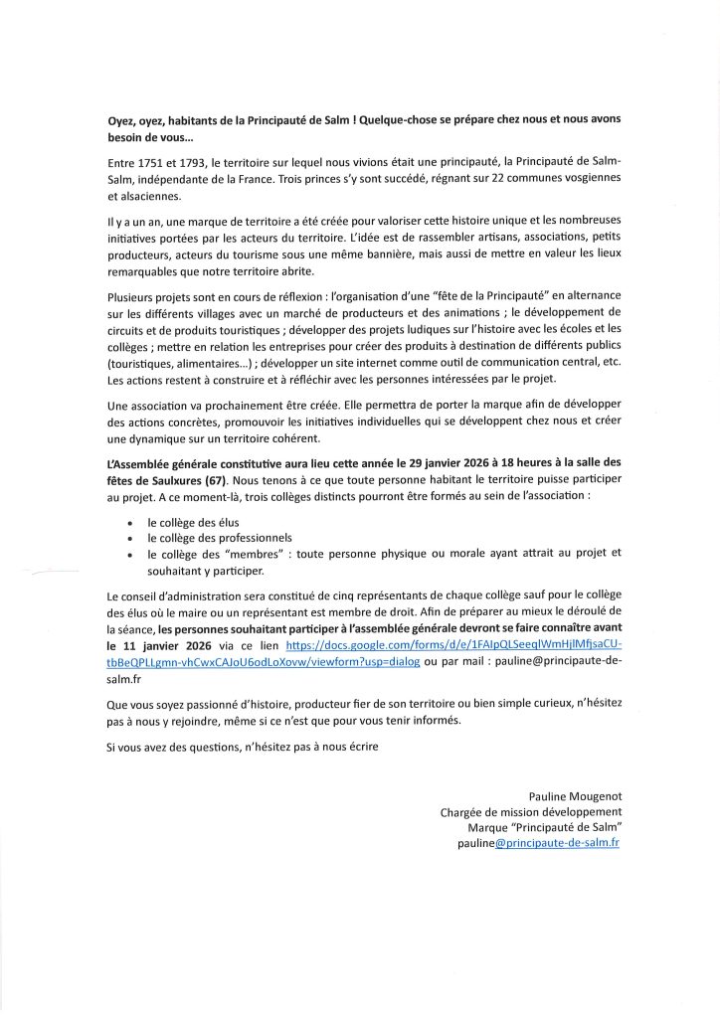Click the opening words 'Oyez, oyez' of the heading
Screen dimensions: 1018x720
click(138, 119)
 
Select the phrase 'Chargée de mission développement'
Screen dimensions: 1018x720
click(530, 811)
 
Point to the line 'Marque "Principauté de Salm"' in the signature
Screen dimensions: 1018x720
click(544, 827)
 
